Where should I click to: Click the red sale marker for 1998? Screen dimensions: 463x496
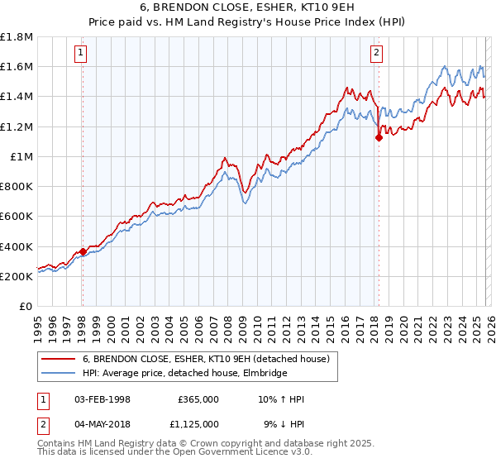tap(83, 251)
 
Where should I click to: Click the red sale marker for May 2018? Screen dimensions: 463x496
tap(379, 138)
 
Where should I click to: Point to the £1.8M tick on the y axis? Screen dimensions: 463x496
tap(17, 37)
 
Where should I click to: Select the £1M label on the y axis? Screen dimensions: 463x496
tap(22, 157)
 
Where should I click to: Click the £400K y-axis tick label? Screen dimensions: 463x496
tap(17, 246)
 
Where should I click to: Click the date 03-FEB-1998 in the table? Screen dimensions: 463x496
tap(103, 399)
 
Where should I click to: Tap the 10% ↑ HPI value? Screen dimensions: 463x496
tap(280, 399)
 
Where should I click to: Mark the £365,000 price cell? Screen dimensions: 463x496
tap(198, 399)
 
